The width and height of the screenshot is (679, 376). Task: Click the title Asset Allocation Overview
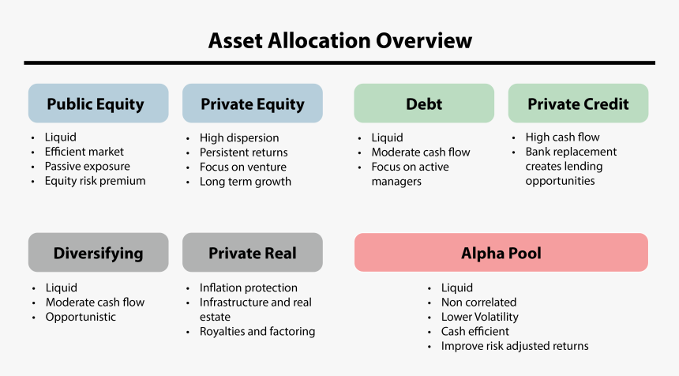pyautogui.click(x=339, y=40)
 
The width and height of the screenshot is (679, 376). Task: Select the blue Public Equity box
pyautogui.click(x=98, y=103)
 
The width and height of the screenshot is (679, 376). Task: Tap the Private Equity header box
pyautogui.click(x=253, y=103)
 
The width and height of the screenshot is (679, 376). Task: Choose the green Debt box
pyautogui.click(x=424, y=103)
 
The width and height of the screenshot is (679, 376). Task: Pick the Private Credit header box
pyautogui.click(x=578, y=103)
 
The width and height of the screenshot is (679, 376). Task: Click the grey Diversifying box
pyautogui.click(x=98, y=253)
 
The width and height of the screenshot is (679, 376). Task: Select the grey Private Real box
pyautogui.click(x=253, y=253)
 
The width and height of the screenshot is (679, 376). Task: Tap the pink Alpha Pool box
pyautogui.click(x=501, y=253)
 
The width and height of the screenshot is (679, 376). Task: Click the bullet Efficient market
pyautogui.click(x=84, y=152)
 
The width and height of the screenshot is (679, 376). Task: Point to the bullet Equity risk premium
pyautogui.click(x=95, y=181)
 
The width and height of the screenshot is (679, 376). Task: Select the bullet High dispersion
pyautogui.click(x=239, y=137)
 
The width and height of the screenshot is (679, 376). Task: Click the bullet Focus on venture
pyautogui.click(x=243, y=167)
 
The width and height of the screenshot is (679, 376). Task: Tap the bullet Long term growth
pyautogui.click(x=246, y=182)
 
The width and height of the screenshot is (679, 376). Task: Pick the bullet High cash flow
pyautogui.click(x=562, y=137)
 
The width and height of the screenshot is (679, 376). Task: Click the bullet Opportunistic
pyautogui.click(x=81, y=317)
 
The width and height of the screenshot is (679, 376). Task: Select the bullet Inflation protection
pyautogui.click(x=249, y=288)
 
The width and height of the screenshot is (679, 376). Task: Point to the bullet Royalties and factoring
pyautogui.click(x=257, y=331)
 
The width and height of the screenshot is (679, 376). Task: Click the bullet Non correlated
pyautogui.click(x=478, y=302)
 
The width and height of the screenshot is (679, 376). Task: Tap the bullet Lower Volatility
pyautogui.click(x=479, y=317)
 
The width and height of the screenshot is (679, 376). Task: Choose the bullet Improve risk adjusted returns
pyautogui.click(x=515, y=346)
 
